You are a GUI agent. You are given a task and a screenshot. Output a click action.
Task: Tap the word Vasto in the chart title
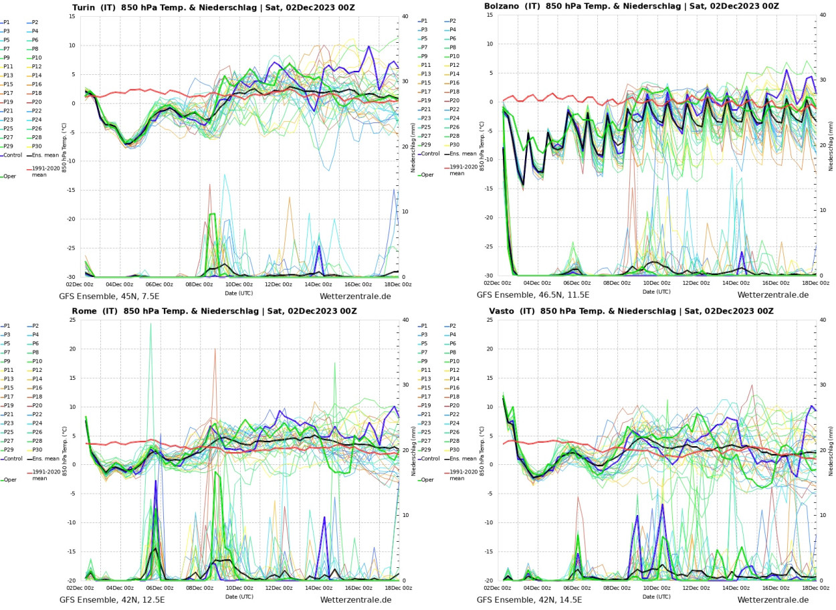point(502,311)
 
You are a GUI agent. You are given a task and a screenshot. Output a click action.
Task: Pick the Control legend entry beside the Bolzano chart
point(433,153)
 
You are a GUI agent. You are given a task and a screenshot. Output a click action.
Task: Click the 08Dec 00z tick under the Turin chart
point(199,284)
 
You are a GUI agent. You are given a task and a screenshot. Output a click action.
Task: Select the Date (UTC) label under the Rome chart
point(239,597)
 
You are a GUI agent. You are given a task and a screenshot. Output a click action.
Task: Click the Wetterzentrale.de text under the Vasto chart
point(773,599)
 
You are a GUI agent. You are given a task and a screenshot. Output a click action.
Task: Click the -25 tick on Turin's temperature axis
point(69,248)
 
